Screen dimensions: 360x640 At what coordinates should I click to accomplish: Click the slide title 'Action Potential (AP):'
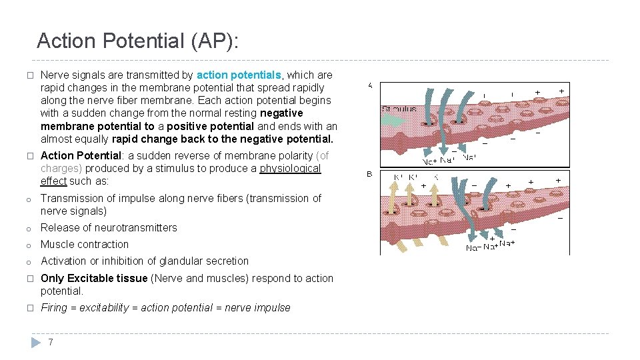[137, 41]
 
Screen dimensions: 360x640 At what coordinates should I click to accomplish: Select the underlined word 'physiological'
[290, 168]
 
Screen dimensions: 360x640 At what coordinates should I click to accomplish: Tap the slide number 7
[50, 342]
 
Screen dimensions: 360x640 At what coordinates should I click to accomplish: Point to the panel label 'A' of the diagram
[370, 85]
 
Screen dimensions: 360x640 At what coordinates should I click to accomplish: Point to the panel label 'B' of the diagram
[370, 174]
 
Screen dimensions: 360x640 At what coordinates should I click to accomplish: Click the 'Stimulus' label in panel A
[399, 109]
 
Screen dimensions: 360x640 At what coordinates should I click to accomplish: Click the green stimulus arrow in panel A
[393, 120]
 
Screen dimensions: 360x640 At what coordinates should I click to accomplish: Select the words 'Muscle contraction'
[85, 244]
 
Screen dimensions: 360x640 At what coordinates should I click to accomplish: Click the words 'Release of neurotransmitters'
[109, 227]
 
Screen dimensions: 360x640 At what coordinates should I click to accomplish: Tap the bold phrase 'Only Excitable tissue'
[94, 278]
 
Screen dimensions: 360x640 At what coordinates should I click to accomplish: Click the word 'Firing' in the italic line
[54, 307]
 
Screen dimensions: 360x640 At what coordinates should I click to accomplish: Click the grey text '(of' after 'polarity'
[322, 155]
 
